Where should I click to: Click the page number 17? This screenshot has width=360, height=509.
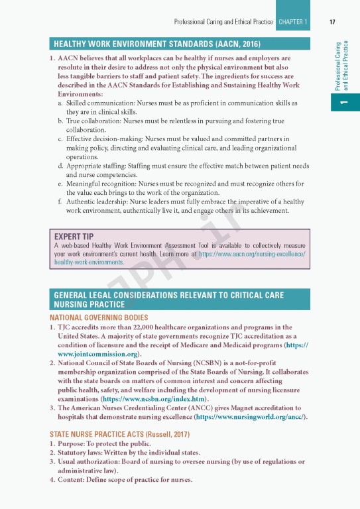point(331,22)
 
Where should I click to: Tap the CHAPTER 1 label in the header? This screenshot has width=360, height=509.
point(292,22)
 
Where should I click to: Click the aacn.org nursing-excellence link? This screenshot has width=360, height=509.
point(252,254)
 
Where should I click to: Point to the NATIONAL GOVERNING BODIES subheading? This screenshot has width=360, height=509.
point(99,318)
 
